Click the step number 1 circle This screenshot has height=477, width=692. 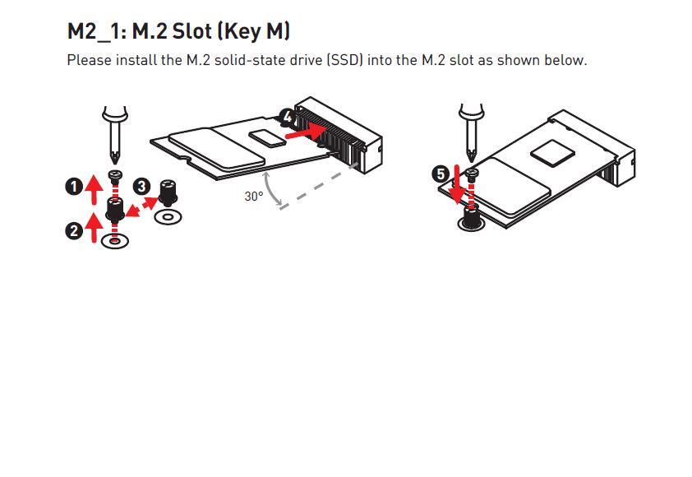75,187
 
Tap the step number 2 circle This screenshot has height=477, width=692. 74,231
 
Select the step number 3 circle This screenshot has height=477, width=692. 141,186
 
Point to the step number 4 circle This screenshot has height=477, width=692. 285,118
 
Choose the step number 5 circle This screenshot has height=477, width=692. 441,174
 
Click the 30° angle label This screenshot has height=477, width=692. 253,197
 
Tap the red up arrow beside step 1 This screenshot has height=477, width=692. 95,189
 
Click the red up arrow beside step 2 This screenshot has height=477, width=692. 95,225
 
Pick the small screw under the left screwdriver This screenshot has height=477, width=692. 115,175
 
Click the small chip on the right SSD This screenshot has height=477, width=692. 549,151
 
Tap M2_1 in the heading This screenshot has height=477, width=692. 93,32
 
